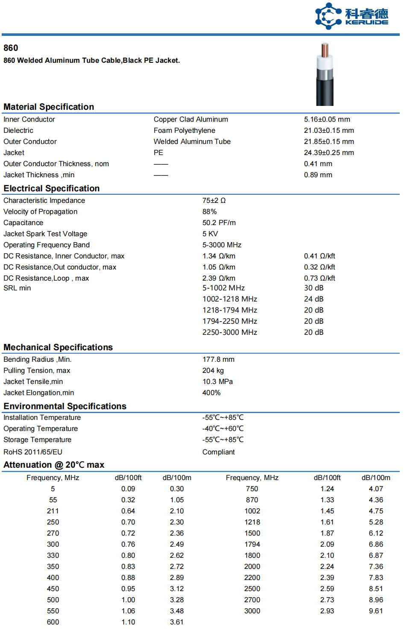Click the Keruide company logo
pyautogui.click(x=351, y=16)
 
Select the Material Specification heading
pyautogui.click(x=49, y=107)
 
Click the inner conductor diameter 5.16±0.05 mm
pyautogui.click(x=327, y=120)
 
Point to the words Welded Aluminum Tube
pyautogui.click(x=192, y=142)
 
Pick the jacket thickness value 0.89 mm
pyautogui.click(x=318, y=175)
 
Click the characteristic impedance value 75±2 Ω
pyautogui.click(x=214, y=201)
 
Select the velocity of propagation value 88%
pyautogui.click(x=209, y=212)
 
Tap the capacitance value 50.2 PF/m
pyautogui.click(x=219, y=223)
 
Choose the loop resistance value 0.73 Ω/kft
pyautogui.click(x=319, y=278)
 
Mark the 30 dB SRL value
pyautogui.click(x=313, y=288)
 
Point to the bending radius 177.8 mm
pyautogui.click(x=218, y=360)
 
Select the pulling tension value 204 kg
pyautogui.click(x=213, y=371)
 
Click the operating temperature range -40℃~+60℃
pyautogui.click(x=223, y=429)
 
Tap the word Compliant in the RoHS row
pyautogui.click(x=218, y=452)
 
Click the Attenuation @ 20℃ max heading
pyautogui.click(x=54, y=465)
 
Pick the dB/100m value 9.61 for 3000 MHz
pyautogui.click(x=376, y=611)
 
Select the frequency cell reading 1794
pyautogui.click(x=252, y=545)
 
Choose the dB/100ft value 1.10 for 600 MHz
pyautogui.click(x=128, y=622)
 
